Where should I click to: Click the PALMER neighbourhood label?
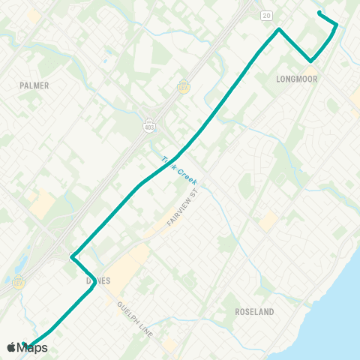[34, 85]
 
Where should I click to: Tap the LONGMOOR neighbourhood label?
[297, 78]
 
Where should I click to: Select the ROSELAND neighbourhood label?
[254, 310]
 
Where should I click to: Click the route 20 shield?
[266, 15]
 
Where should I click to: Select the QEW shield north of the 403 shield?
[182, 85]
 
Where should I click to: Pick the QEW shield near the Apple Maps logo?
[18, 283]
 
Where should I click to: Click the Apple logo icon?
[11, 347]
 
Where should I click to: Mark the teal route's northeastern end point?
[319, 12]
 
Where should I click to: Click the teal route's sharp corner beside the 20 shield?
[280, 29]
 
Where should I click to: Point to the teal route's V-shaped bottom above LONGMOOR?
[310, 61]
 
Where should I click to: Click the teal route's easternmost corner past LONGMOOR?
[337, 25]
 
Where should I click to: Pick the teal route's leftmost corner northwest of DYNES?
[71, 258]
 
